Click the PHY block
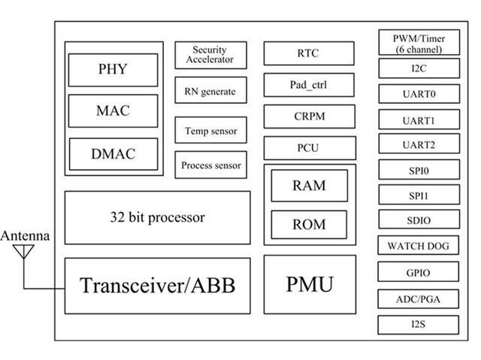(x=113, y=70)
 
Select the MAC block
(x=113, y=110)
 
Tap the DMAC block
(x=113, y=154)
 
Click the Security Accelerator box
(x=210, y=55)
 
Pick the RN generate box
(x=210, y=92)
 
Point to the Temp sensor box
(x=210, y=131)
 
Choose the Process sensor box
(x=210, y=165)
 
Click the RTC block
(x=308, y=53)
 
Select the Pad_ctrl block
(x=308, y=85)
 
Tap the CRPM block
(x=308, y=117)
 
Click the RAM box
(x=309, y=186)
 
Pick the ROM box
(x=309, y=224)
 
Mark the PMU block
(x=309, y=284)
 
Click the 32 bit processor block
(x=157, y=218)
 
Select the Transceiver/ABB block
(x=157, y=286)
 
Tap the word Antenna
(x=25, y=236)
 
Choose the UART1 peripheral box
(x=418, y=120)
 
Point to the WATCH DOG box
(x=418, y=246)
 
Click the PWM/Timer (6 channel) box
(x=418, y=43)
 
